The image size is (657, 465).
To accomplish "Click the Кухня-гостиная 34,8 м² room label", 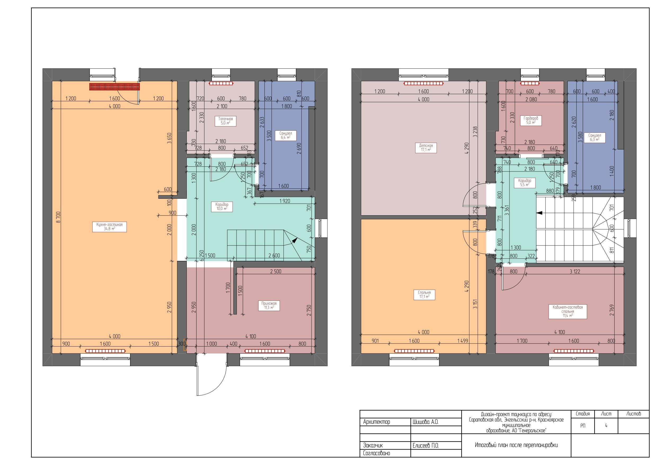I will point(109,227).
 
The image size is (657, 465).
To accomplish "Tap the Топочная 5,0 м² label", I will point(225,121).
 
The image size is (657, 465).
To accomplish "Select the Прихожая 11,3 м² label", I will point(269,305).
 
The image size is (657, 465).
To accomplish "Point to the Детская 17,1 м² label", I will point(426,148).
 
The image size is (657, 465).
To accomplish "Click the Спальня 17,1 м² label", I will point(424,295).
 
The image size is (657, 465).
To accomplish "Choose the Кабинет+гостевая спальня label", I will point(567,312).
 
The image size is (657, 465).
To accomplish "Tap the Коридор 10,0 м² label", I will point(222,207).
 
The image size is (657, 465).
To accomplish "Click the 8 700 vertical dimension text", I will point(58,217).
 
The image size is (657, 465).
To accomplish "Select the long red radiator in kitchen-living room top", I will point(114,86).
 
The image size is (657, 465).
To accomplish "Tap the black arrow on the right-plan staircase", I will point(539,213).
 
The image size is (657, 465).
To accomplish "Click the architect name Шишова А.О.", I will point(425,422).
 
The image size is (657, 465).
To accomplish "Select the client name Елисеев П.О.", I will point(425,446).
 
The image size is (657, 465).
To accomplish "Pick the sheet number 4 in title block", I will point(606,426).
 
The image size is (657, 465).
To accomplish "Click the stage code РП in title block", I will point(583,426).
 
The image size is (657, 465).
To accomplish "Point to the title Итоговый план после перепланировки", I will point(516,445).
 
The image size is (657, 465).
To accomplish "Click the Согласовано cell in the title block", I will point(376,454).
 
